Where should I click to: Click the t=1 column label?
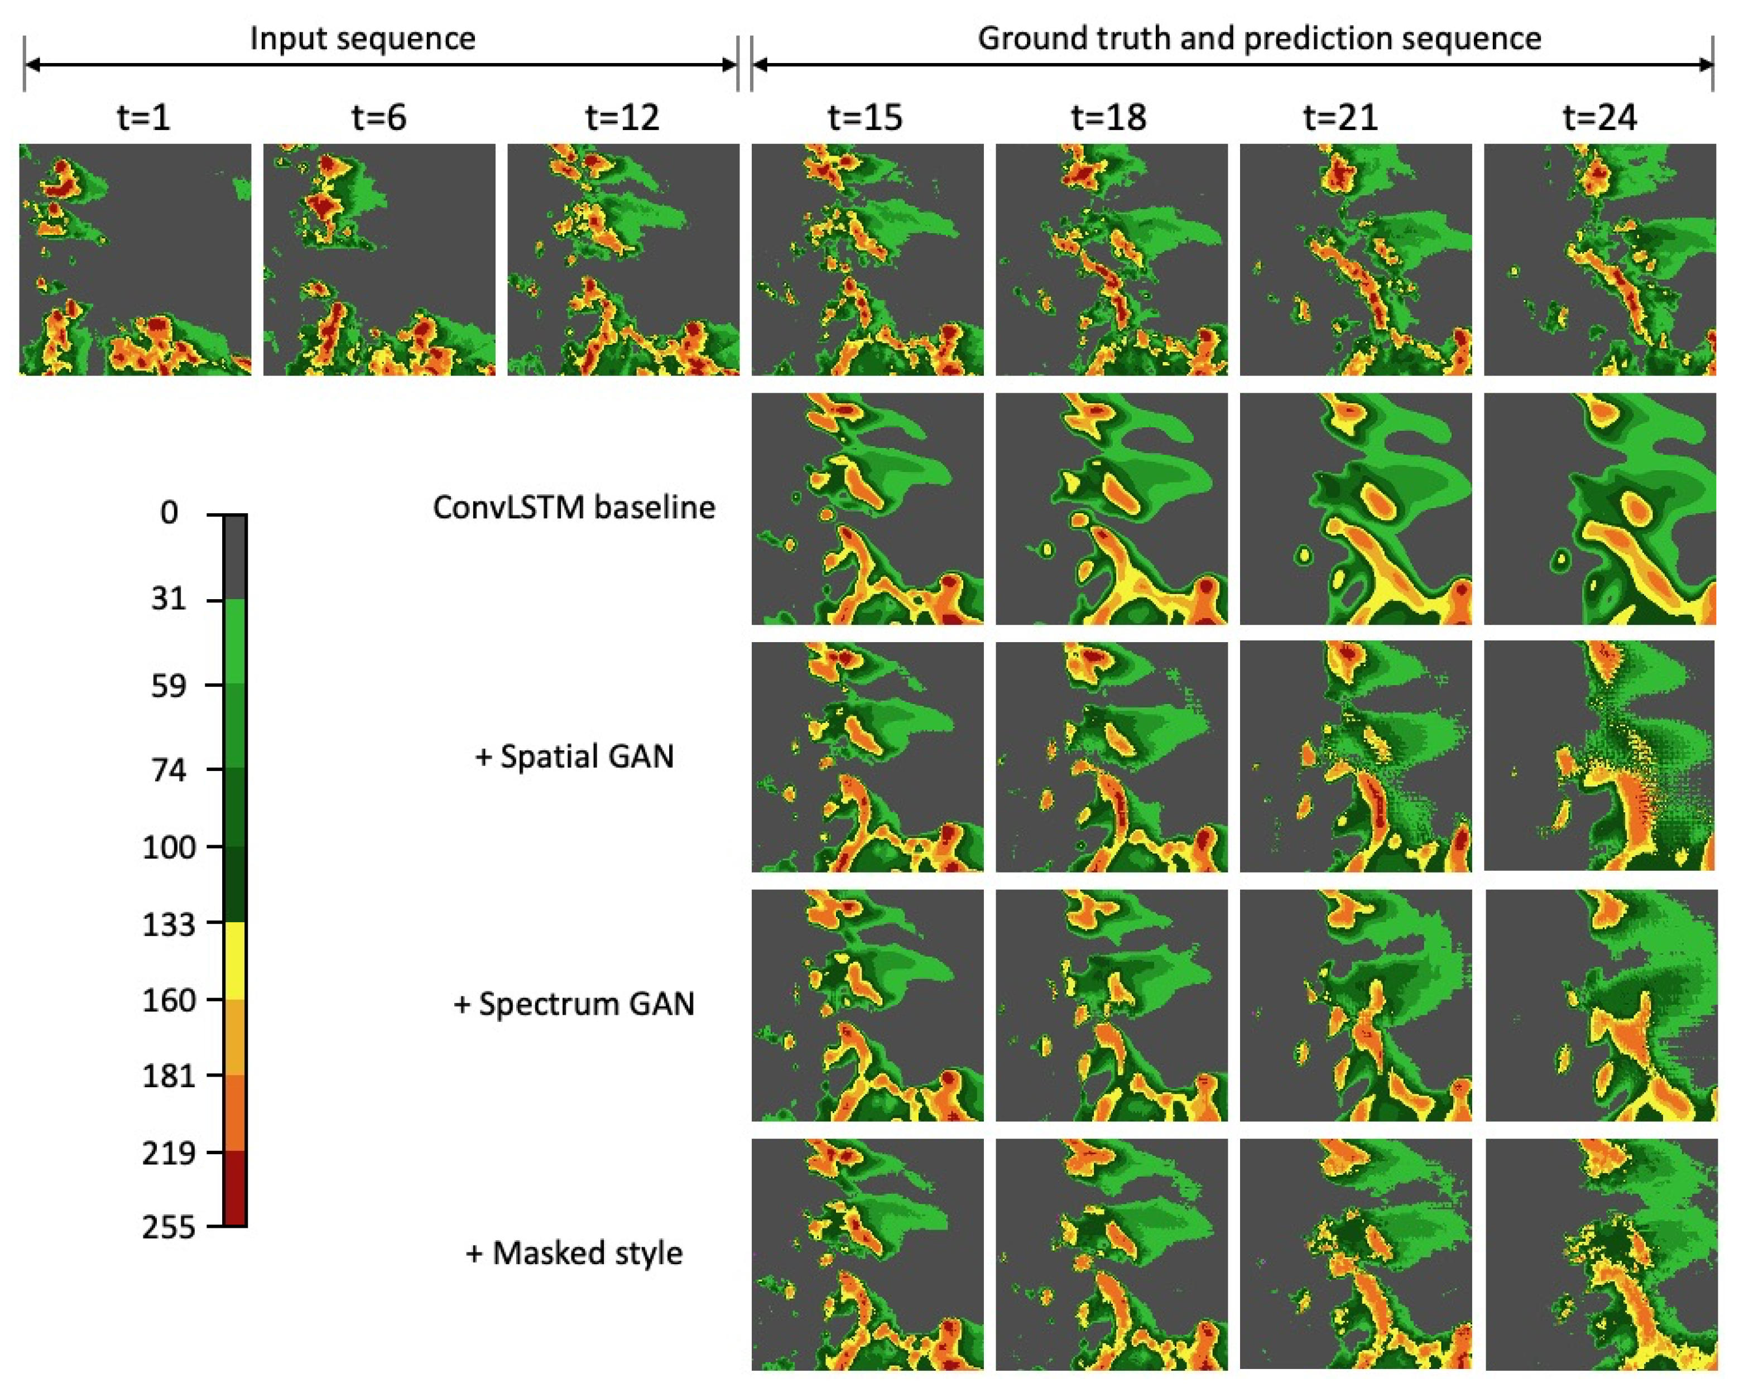tap(143, 118)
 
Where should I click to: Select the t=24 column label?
tap(1599, 118)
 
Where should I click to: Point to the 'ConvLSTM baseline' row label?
tap(574, 508)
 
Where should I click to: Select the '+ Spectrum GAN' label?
tap(574, 1004)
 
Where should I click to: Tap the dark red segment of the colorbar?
tap(234, 1187)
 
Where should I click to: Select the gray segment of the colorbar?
tap(234, 558)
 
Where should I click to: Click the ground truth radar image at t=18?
tap(1111, 259)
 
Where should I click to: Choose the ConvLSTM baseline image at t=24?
tap(1599, 509)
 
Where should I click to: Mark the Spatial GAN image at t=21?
tap(1355, 757)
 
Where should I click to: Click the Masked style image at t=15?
tap(867, 1254)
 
